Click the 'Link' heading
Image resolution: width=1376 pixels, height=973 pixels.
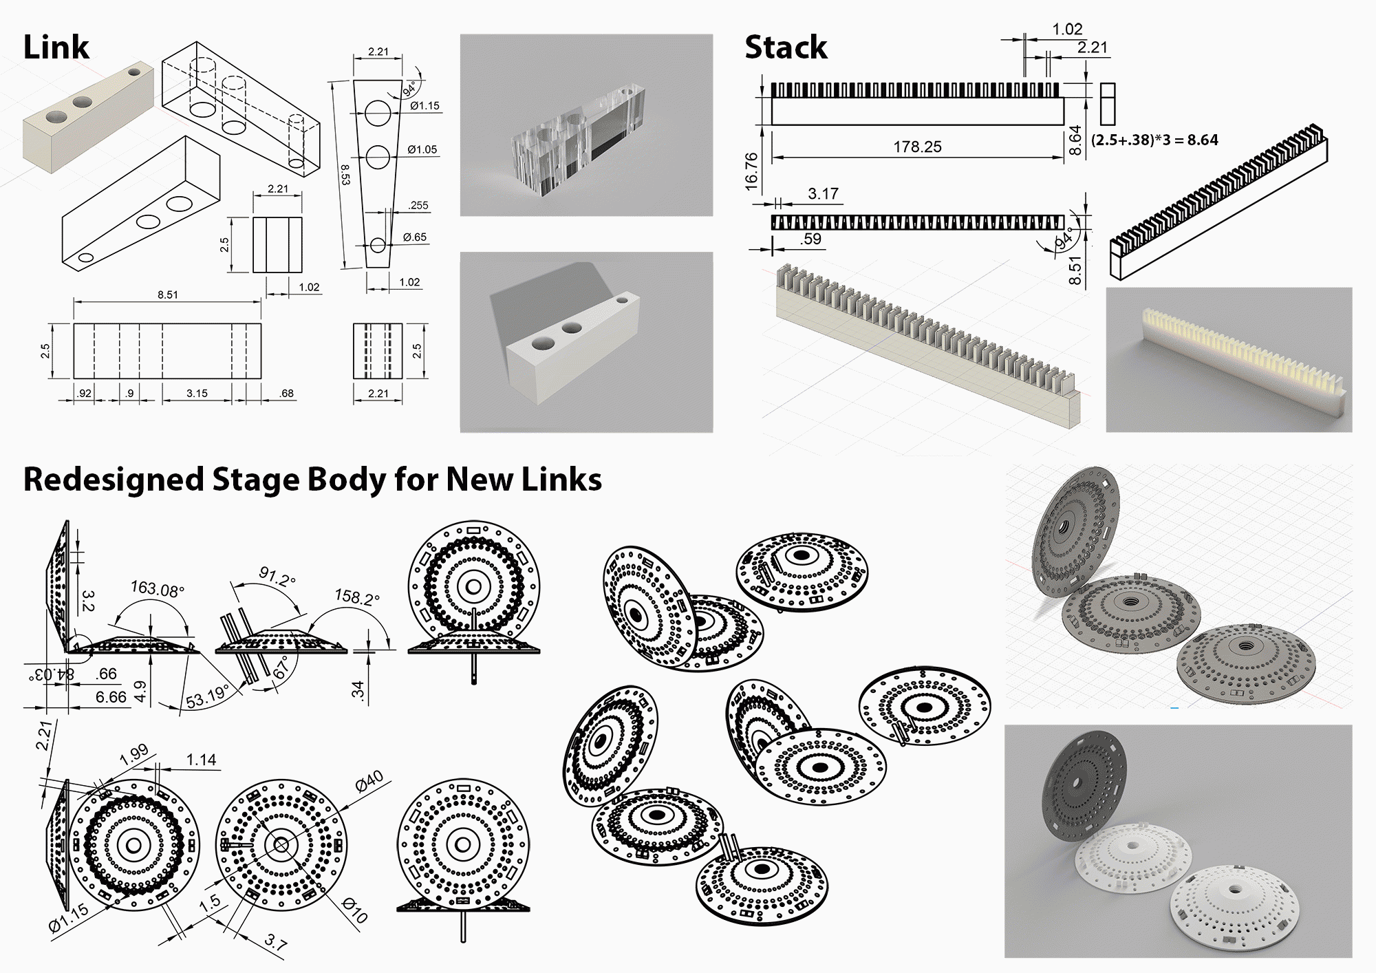click(x=56, y=47)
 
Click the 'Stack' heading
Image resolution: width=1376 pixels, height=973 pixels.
click(x=786, y=47)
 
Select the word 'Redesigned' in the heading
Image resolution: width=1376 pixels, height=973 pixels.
click(x=114, y=480)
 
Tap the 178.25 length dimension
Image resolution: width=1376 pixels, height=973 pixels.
click(x=917, y=147)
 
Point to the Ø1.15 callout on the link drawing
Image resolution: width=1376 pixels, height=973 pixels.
click(x=424, y=106)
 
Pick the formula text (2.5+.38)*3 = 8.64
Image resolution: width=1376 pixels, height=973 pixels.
click(x=1154, y=140)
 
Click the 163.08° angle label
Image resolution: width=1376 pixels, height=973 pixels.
click(x=158, y=589)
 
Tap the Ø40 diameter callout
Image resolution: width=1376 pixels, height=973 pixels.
click(x=369, y=782)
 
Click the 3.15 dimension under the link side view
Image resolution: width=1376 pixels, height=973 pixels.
click(x=197, y=394)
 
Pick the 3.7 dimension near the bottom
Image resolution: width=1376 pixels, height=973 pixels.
click(x=275, y=943)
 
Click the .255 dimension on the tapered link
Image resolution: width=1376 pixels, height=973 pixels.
click(x=418, y=205)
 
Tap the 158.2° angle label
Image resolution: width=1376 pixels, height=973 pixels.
click(x=356, y=597)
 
